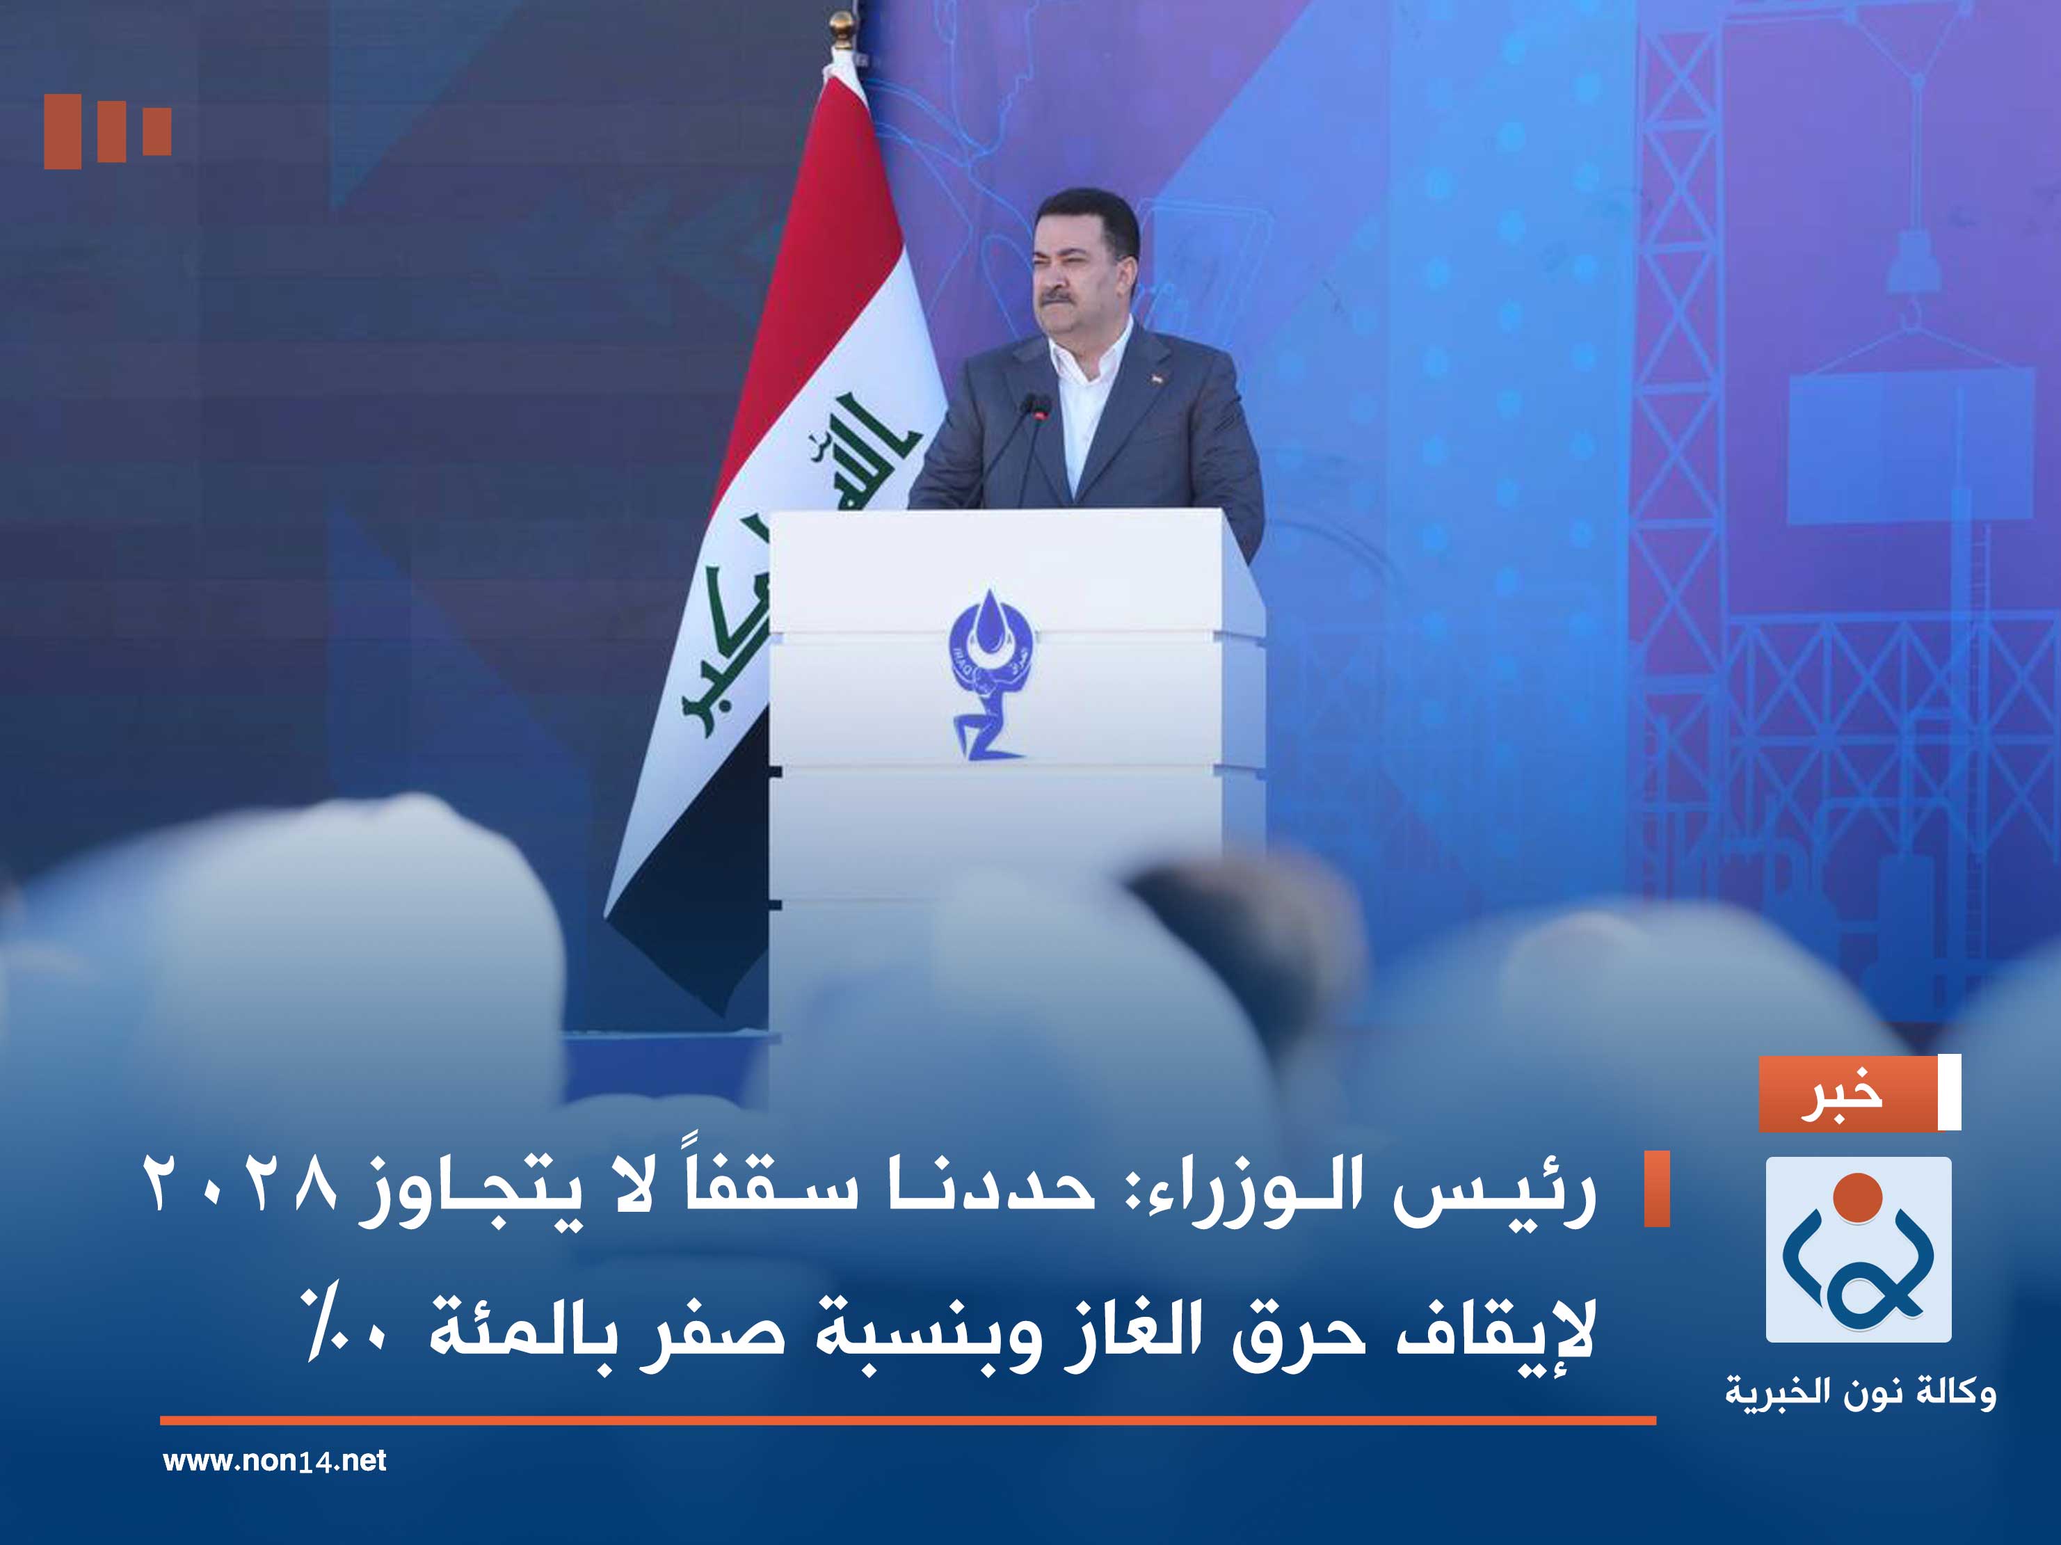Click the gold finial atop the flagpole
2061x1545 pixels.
click(842, 27)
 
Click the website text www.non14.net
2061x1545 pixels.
click(274, 1460)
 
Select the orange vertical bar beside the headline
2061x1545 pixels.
click(1655, 1189)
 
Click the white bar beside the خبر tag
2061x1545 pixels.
click(1949, 1093)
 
